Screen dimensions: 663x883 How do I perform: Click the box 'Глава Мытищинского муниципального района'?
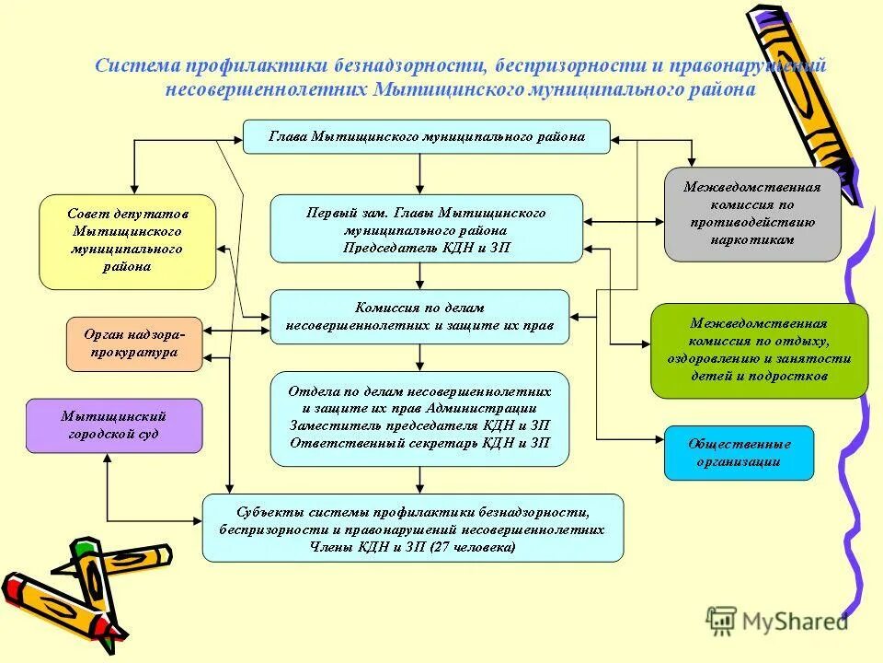point(426,136)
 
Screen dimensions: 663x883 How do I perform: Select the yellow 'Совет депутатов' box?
point(127,241)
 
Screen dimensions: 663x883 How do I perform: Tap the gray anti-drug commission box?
point(752,214)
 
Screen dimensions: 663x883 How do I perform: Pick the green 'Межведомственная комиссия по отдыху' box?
point(759,350)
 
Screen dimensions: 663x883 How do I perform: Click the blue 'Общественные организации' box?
point(739,452)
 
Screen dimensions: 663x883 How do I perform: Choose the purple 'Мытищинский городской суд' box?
point(113,425)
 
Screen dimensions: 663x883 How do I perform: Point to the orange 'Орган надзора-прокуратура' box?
point(134,343)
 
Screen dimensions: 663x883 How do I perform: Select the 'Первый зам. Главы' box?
point(426,228)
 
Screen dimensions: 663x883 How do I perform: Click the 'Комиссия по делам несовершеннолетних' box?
point(419,316)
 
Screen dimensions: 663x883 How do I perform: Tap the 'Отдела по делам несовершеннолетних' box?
point(419,417)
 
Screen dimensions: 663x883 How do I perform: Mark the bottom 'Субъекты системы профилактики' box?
point(412,528)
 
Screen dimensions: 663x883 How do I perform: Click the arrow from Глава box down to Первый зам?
point(420,174)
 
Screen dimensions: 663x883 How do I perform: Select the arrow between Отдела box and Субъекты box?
point(420,479)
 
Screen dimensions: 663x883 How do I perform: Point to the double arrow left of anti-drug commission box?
point(623,222)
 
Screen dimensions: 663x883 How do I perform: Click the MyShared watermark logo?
point(776,622)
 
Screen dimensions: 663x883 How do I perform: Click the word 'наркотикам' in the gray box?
point(752,238)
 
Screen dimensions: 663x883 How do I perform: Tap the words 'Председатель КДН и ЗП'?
point(426,248)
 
